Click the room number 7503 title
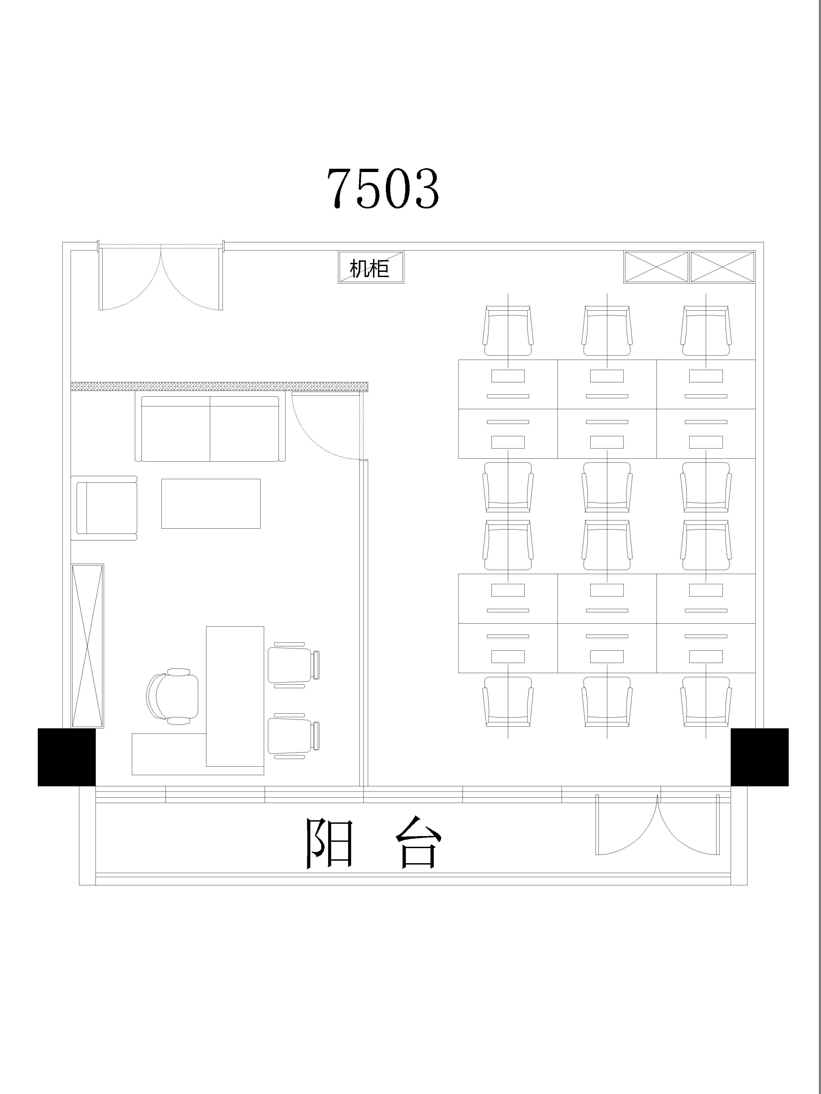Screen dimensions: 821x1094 point(383,188)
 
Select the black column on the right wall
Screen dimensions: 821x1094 point(760,757)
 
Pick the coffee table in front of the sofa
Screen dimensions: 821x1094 point(211,504)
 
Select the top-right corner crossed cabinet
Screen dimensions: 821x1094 point(722,267)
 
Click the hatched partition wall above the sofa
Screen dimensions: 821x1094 point(219,386)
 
